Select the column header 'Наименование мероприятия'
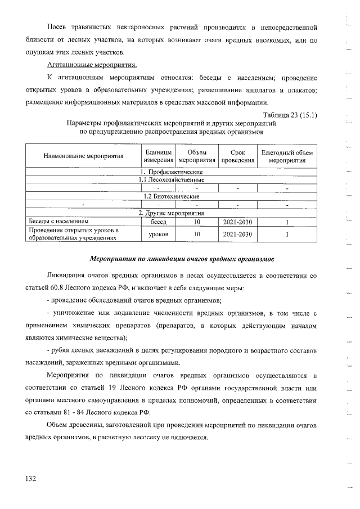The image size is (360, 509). coord(83,156)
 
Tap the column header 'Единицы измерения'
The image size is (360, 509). coord(159,156)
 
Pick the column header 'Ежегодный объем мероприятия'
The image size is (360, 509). coord(287,156)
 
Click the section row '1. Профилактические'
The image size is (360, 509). coord(171,172)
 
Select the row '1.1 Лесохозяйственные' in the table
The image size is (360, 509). coord(171,179)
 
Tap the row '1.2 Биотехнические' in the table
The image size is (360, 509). coord(171,196)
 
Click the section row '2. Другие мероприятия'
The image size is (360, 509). coord(171,213)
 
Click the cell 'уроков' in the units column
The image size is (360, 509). coord(159,234)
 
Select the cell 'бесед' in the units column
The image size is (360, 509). coord(159,222)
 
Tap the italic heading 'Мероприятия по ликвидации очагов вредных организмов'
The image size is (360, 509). coord(182,259)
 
